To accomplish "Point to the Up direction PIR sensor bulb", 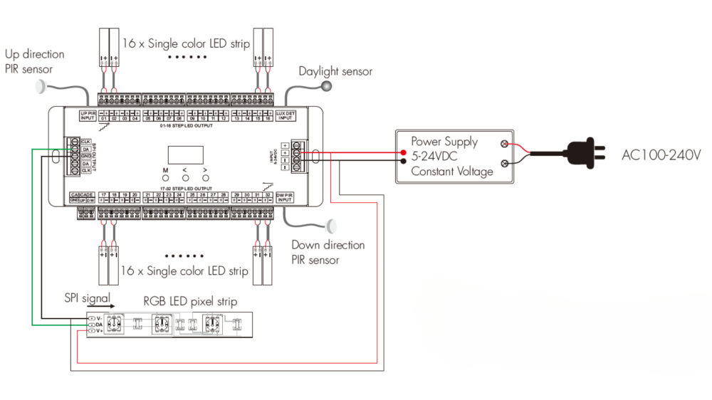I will tap(40, 86).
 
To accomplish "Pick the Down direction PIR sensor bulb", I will tap(331, 227).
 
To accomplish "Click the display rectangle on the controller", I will tap(185, 154).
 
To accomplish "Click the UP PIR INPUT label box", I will tap(88, 115).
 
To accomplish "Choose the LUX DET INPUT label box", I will tap(285, 115).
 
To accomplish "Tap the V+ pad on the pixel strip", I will tap(93, 332).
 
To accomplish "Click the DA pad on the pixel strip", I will tap(93, 324).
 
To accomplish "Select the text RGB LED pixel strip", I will tap(190, 301).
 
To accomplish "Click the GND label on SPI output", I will tap(85, 156).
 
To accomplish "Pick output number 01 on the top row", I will tap(104, 118).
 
